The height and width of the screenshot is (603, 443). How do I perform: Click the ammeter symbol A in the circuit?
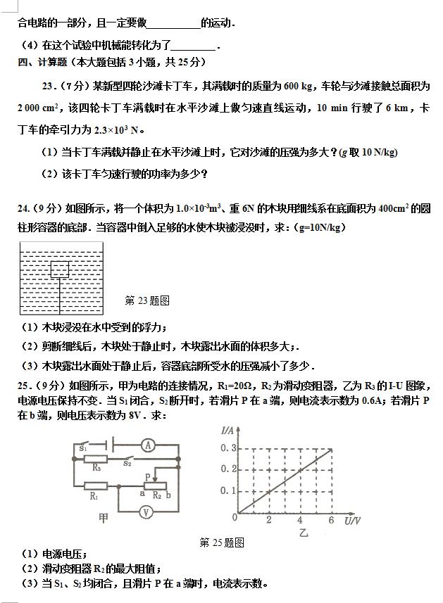[x=146, y=445]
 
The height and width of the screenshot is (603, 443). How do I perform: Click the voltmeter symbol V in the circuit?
[x=146, y=513]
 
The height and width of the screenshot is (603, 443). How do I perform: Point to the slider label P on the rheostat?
[x=147, y=476]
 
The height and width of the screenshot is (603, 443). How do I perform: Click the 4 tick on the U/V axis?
[x=300, y=520]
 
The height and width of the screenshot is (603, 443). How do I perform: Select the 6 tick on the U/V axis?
[x=331, y=520]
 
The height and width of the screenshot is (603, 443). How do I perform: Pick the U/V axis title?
[x=352, y=521]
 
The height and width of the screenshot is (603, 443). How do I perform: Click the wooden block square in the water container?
[x=59, y=269]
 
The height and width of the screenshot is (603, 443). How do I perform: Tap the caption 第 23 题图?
[x=147, y=300]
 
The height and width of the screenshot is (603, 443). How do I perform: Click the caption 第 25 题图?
[x=222, y=542]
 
